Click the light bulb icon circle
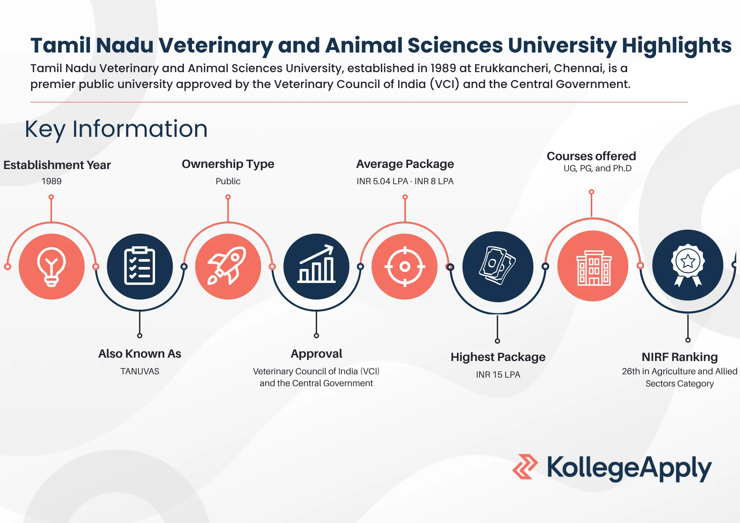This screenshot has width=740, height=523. click(51, 266)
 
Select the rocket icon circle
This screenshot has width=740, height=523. click(228, 266)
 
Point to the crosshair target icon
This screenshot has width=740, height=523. click(405, 266)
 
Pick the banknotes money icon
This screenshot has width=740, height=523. click(498, 265)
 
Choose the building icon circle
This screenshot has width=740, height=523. click(593, 266)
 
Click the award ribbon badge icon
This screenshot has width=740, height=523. click(688, 265)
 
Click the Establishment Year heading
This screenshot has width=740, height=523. click(57, 165)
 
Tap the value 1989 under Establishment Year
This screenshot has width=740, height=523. click(51, 181)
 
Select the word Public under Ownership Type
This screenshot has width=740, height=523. click(228, 181)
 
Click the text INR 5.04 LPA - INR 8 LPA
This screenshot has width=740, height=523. click(405, 181)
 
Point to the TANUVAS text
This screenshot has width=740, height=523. click(139, 371)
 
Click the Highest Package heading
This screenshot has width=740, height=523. click(498, 357)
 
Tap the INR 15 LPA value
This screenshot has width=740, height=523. click(498, 375)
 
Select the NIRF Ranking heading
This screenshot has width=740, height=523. click(680, 357)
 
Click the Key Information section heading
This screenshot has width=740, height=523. click(116, 129)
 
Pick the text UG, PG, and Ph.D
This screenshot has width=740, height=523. click(598, 169)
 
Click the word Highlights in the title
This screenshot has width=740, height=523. click(677, 46)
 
